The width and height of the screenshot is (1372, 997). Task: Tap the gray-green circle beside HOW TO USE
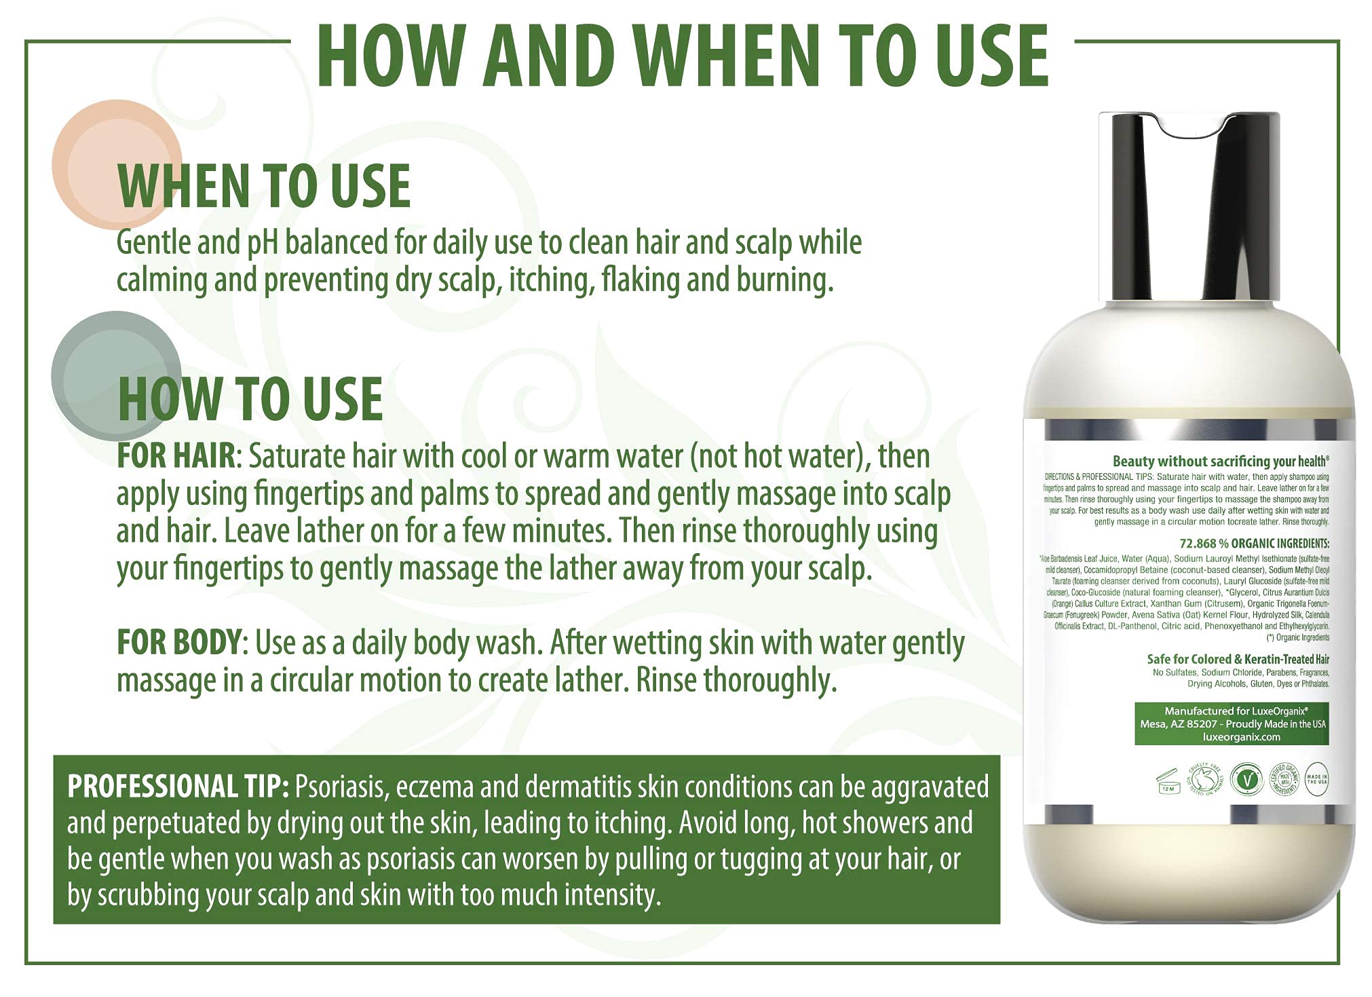click(102, 360)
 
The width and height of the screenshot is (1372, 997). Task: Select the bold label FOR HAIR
click(176, 456)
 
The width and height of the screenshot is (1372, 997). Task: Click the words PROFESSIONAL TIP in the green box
click(178, 787)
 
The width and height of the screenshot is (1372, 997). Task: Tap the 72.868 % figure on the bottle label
click(1202, 544)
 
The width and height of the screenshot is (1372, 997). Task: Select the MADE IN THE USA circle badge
click(1316, 779)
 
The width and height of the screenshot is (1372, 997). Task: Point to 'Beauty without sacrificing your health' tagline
click(1219, 461)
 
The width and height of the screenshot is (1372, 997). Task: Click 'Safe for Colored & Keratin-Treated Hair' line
click(1237, 659)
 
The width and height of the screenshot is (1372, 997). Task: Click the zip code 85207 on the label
click(1199, 724)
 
